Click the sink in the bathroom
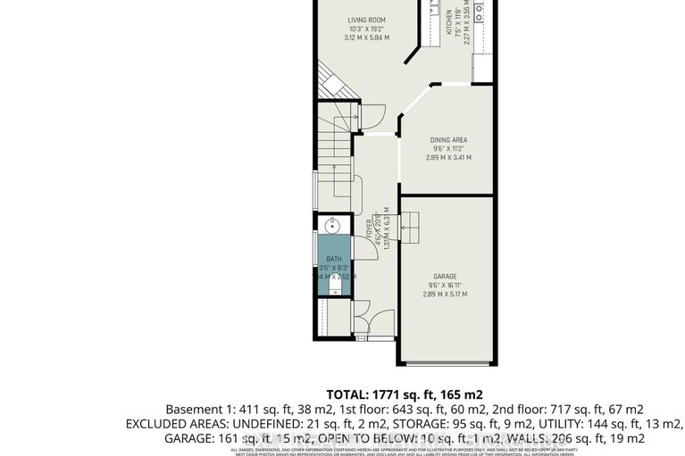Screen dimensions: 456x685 tap(331, 225)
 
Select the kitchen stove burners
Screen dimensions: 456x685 tap(480, 11)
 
